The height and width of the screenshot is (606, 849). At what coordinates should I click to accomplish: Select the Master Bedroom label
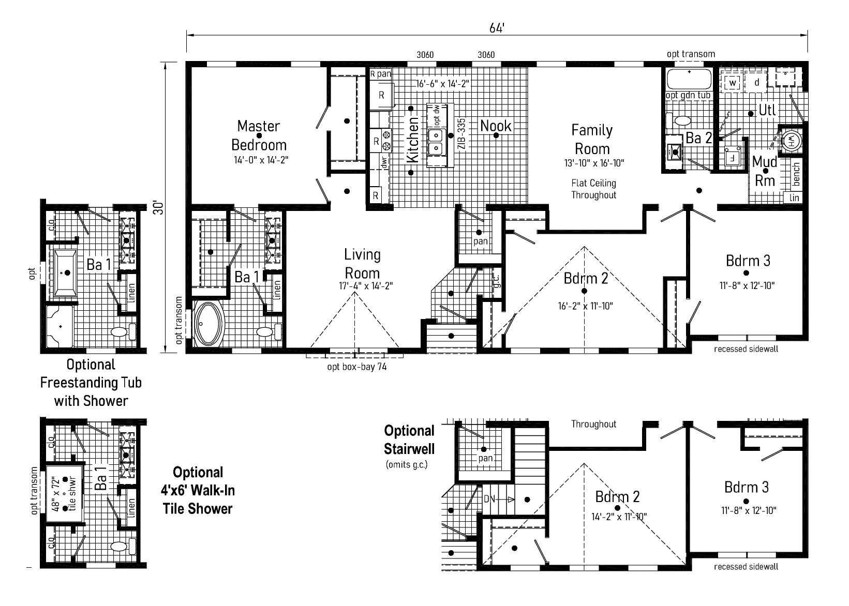[259, 135]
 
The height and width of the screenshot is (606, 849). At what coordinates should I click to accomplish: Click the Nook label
[496, 126]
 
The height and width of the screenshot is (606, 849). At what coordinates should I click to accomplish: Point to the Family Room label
[592, 139]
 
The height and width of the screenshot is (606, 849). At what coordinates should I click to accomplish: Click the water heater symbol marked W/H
[791, 140]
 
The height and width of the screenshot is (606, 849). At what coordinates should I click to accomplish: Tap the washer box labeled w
[733, 83]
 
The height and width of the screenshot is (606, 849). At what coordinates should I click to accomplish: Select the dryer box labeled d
[757, 83]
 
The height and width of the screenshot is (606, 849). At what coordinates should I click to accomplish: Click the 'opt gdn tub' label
[688, 96]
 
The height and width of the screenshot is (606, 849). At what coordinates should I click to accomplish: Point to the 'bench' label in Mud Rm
[796, 174]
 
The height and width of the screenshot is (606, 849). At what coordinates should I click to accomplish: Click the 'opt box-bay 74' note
[357, 367]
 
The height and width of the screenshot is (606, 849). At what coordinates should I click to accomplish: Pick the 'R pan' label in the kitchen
[380, 74]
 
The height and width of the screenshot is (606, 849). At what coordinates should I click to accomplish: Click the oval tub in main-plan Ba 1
[210, 324]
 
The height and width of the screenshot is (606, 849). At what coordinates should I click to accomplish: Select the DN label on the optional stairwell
[489, 499]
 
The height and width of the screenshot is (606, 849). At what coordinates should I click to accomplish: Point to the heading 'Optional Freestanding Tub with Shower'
[91, 383]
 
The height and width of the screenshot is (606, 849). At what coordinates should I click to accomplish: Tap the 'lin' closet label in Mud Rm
[795, 198]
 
